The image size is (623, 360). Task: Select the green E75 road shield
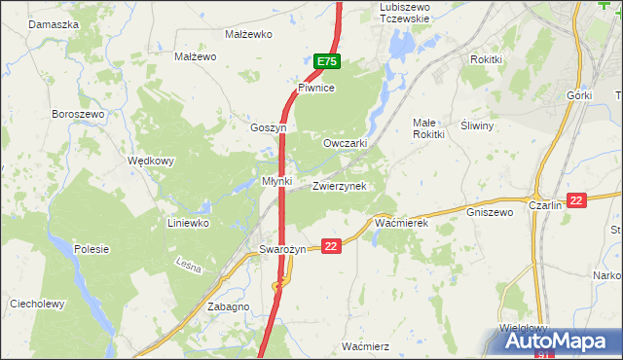[327, 61]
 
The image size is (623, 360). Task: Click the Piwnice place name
[316, 88]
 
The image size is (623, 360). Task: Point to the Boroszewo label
[78, 114]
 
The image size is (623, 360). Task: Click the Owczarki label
[345, 142]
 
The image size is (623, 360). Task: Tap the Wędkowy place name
[151, 161]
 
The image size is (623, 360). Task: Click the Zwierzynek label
[339, 186]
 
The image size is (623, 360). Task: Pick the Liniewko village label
[189, 223]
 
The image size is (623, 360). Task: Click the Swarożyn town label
[282, 249]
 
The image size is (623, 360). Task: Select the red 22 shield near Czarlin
[577, 200]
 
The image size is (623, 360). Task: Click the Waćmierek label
[401, 223]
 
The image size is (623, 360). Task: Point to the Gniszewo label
[489, 211]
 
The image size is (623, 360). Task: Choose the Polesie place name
[91, 249]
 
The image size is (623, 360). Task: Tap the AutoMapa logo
[560, 341]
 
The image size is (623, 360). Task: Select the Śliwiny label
[477, 126]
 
